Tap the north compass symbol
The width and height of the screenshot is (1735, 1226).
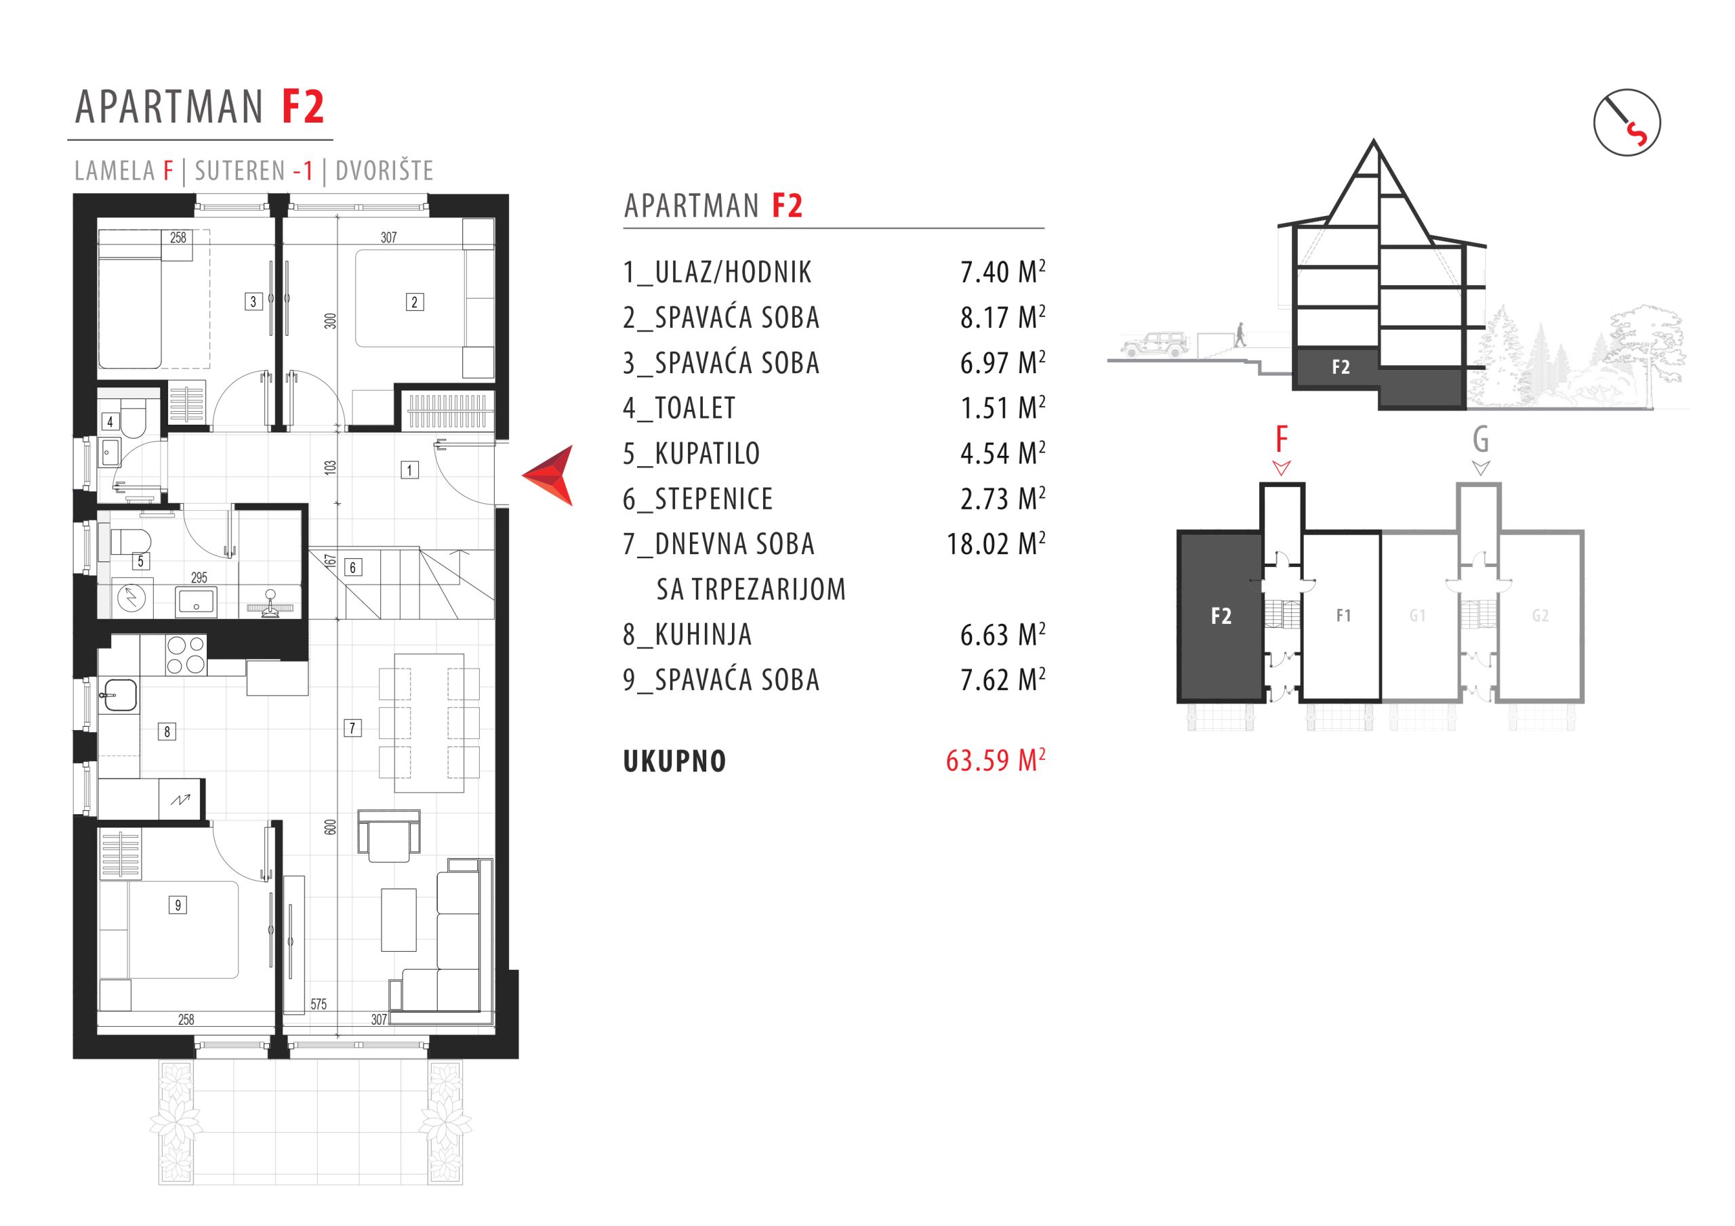click(1627, 123)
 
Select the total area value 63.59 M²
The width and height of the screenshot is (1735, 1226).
click(995, 760)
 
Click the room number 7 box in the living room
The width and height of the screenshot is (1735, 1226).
click(352, 728)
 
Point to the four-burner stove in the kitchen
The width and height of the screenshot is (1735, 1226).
click(186, 655)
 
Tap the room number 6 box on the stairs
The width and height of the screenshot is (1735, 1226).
click(352, 568)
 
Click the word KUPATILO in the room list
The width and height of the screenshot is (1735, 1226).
click(708, 453)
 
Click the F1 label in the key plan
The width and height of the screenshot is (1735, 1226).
click(1343, 616)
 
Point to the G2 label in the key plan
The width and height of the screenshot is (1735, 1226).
click(1540, 616)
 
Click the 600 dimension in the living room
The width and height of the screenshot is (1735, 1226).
click(329, 827)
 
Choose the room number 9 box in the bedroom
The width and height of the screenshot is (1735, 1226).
click(178, 905)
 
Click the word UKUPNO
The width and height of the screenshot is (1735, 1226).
click(675, 761)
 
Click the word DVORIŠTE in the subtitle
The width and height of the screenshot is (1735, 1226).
click(385, 171)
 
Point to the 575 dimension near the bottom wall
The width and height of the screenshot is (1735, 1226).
click(318, 1004)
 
